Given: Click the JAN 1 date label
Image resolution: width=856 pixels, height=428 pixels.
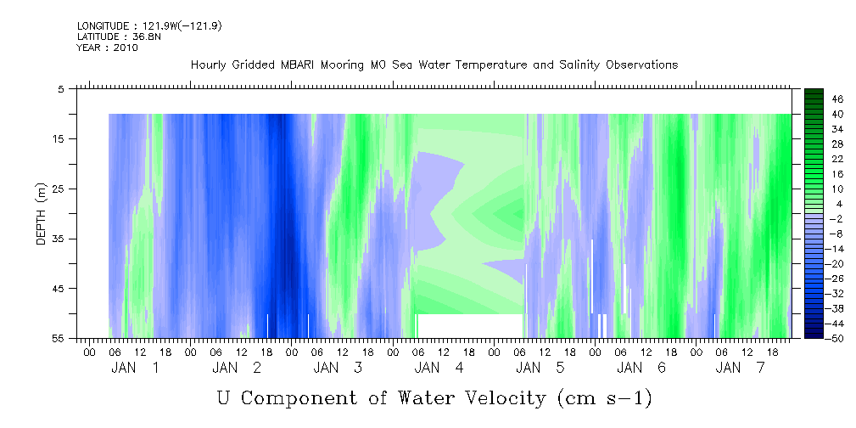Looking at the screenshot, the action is coord(135,369).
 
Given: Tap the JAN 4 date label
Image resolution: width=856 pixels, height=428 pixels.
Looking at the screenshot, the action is coord(439,369).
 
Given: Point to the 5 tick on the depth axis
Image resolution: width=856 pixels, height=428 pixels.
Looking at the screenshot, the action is coord(60,89).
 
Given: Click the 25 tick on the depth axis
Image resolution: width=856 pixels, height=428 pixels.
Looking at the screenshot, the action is coord(57,189).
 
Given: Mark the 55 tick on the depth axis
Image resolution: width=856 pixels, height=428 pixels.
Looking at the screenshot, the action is coord(57,338).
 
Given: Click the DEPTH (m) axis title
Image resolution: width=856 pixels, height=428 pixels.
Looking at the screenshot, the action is coord(42,214).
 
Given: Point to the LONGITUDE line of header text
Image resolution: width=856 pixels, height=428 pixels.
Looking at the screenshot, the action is coord(149,26).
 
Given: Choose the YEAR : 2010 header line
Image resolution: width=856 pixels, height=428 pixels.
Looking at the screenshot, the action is coord(108,48).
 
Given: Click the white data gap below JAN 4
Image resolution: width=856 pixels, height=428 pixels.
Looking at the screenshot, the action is coord(471,326).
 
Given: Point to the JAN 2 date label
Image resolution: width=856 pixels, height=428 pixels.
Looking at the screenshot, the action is coord(237,369).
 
